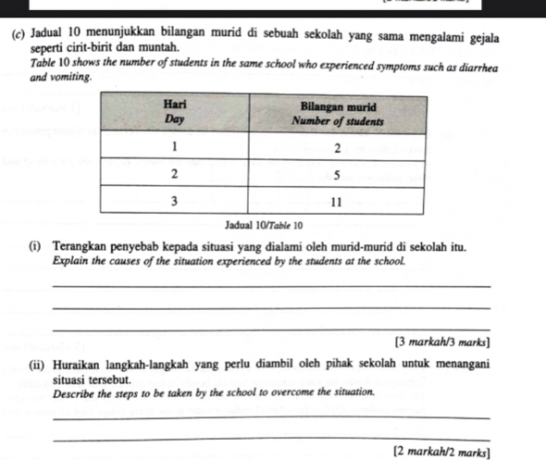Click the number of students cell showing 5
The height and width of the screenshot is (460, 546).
tap(336, 174)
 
